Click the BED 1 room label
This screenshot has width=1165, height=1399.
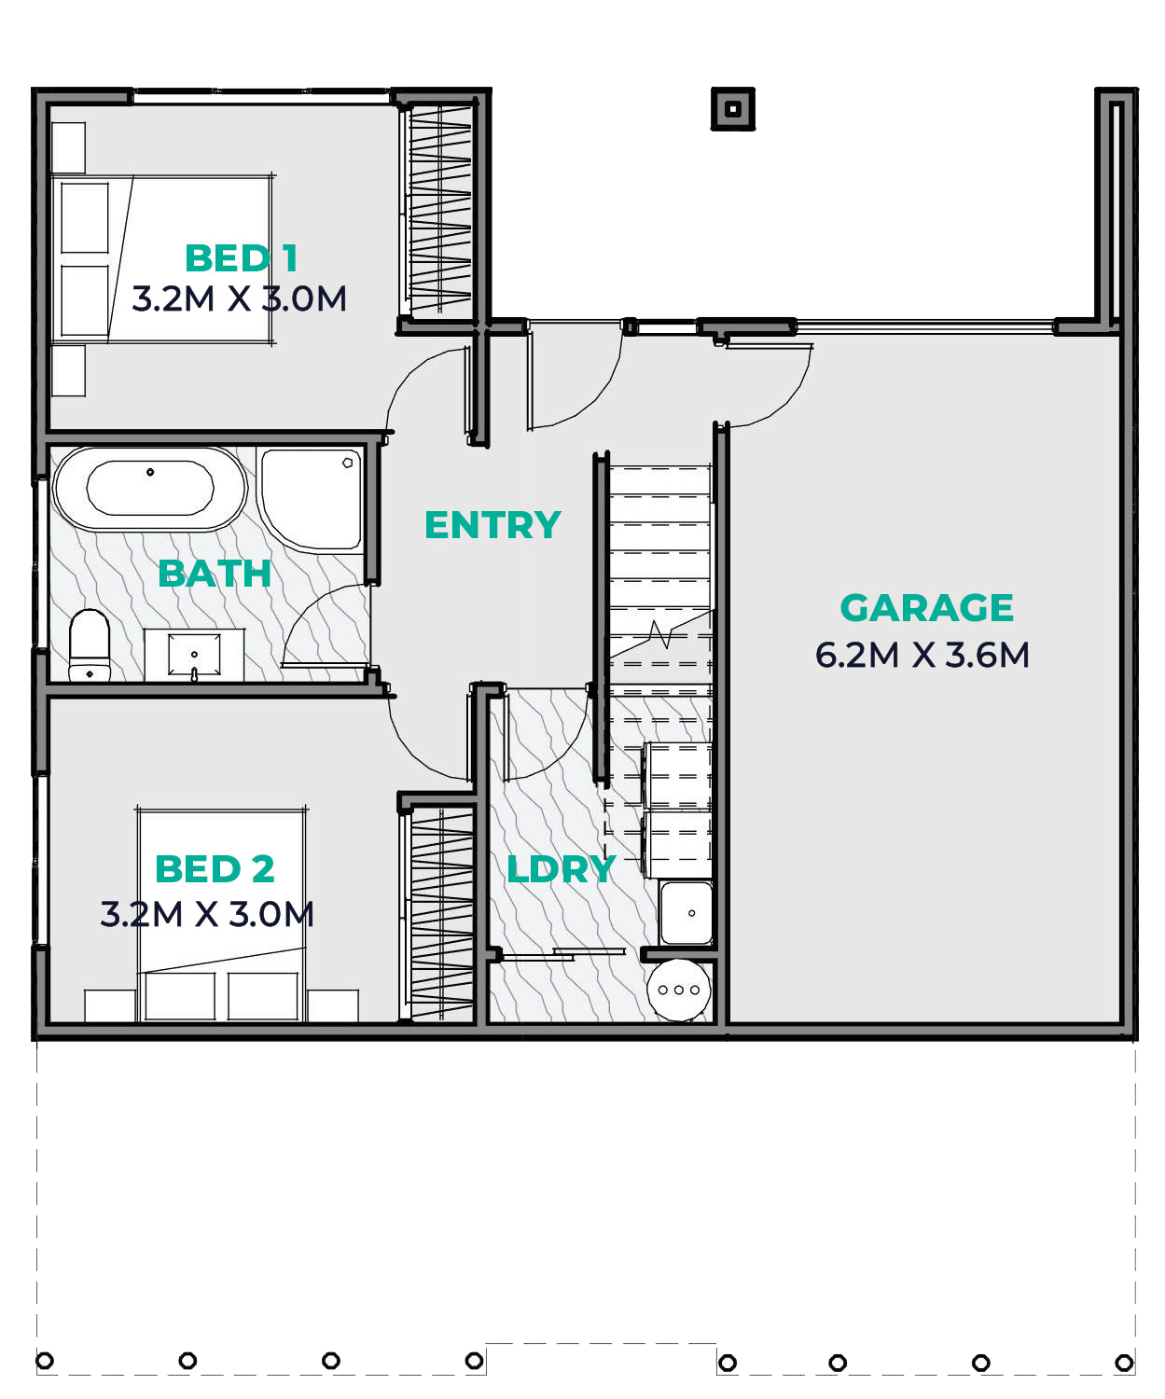click(241, 258)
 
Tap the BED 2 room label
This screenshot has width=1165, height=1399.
click(215, 869)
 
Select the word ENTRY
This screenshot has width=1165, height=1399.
click(492, 524)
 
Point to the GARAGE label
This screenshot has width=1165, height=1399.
click(926, 608)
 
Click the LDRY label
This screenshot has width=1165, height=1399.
click(562, 869)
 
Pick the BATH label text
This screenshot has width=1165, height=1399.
click(215, 574)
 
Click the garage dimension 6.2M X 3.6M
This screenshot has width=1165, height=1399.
click(922, 656)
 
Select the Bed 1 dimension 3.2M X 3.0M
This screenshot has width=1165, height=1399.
click(240, 298)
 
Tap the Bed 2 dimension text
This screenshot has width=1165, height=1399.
click(207, 915)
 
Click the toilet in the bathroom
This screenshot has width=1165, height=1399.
click(90, 644)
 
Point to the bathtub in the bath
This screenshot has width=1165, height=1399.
click(150, 489)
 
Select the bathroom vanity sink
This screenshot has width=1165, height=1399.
click(194, 656)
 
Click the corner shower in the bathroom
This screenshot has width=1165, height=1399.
click(311, 500)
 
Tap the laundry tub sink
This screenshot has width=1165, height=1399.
click(686, 912)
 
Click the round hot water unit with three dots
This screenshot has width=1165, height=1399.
click(678, 990)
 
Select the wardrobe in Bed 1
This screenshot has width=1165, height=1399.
click(439, 209)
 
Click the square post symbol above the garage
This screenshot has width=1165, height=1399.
click(733, 108)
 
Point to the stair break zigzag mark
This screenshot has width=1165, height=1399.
click(660, 633)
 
